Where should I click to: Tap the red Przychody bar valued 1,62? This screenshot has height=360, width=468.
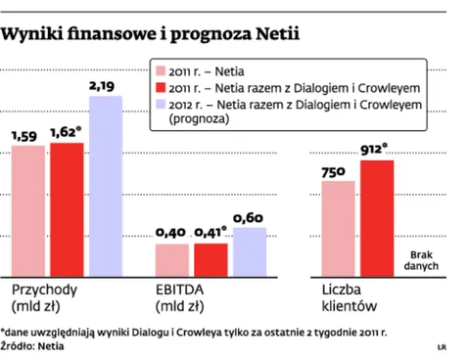pyautogui.click(x=67, y=207)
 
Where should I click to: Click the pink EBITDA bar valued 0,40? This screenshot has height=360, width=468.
pyautogui.click(x=172, y=258)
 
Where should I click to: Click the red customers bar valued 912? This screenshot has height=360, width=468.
pyautogui.click(x=377, y=216)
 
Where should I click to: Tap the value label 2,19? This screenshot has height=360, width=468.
pyautogui.click(x=104, y=87)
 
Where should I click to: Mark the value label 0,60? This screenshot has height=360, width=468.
pyautogui.click(x=250, y=217)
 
